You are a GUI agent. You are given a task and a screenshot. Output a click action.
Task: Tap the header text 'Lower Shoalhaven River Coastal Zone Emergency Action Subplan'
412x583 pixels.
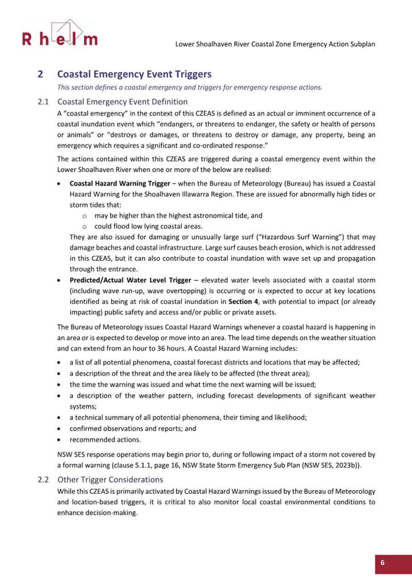(275, 45)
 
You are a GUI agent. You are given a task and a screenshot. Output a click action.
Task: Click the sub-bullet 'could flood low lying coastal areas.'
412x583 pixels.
(148, 226)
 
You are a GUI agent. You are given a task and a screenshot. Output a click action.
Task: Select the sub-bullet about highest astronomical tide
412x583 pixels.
(178, 215)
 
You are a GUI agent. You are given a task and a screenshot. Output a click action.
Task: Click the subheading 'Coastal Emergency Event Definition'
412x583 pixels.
(122, 101)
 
